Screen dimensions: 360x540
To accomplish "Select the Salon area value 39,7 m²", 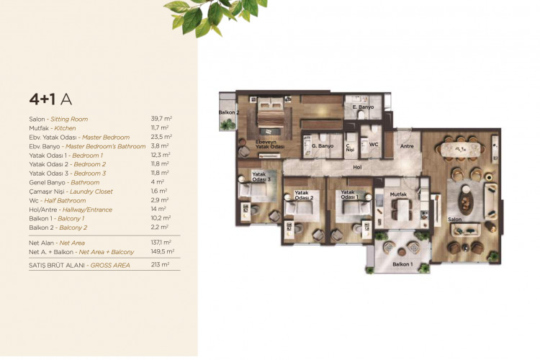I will (162, 119).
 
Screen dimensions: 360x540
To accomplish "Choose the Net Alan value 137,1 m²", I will (162, 243).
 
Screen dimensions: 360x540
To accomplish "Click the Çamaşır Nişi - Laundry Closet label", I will (72, 191).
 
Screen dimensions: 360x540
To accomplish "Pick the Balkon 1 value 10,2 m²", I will (162, 217).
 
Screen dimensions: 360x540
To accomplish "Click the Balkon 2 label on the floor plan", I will (229, 112).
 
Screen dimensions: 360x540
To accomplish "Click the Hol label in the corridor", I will (357, 167).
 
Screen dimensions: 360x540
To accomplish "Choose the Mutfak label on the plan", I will (400, 194).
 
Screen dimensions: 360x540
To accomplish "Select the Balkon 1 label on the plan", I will (402, 264).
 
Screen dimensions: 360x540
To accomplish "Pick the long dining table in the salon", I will (461, 149).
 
